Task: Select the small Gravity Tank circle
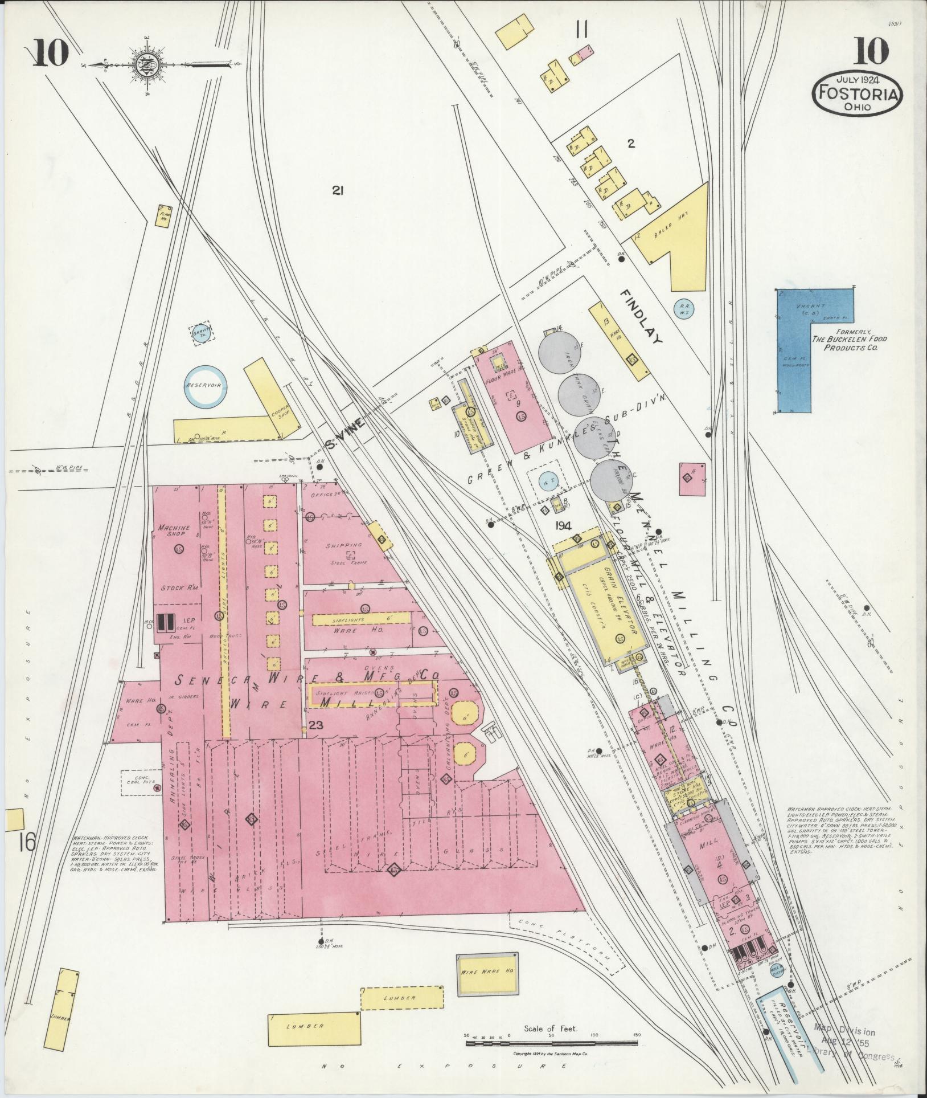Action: click(199, 332)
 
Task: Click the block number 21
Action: click(338, 192)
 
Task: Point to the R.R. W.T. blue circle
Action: click(683, 309)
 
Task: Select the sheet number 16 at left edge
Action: click(26, 840)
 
